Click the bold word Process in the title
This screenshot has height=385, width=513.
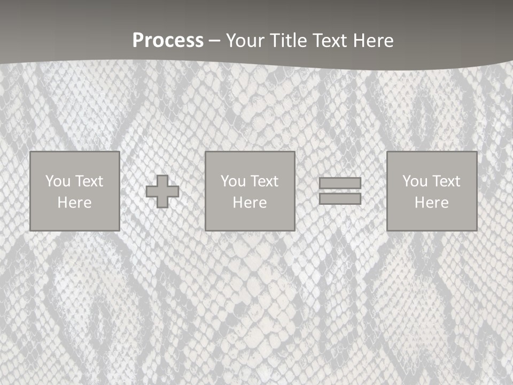(x=168, y=41)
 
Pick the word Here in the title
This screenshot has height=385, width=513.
(x=374, y=41)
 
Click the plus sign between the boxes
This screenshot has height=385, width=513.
(x=162, y=191)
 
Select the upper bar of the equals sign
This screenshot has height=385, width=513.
(x=340, y=183)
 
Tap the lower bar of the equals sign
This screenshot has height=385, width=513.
(x=340, y=199)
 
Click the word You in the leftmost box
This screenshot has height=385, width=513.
(x=58, y=181)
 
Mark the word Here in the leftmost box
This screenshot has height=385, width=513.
(x=74, y=203)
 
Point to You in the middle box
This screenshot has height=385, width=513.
(x=233, y=181)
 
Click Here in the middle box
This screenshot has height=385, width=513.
(x=250, y=203)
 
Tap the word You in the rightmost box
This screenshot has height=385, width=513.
(x=415, y=181)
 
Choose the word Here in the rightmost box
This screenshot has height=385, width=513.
(x=431, y=203)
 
